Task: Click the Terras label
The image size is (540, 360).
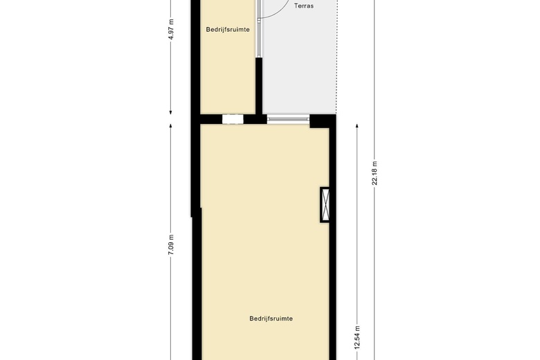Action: click(x=304, y=6)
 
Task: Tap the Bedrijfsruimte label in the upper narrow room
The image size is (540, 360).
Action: click(x=228, y=29)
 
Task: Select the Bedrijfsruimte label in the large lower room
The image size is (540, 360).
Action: click(x=271, y=318)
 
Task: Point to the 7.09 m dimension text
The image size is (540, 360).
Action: click(x=171, y=246)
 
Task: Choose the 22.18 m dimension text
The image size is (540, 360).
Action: click(x=375, y=172)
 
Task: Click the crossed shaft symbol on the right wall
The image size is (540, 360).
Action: click(x=325, y=204)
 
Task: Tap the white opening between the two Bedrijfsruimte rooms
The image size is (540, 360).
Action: click(x=233, y=119)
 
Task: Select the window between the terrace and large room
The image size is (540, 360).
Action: click(x=287, y=119)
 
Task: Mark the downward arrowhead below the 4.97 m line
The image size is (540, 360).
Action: click(x=171, y=112)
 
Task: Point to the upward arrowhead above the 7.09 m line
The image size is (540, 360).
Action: click(x=171, y=127)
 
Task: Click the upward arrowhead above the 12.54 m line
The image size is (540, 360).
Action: click(x=357, y=127)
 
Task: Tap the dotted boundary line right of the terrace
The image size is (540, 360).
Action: click(x=336, y=55)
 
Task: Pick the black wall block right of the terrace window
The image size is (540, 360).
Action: click(x=321, y=120)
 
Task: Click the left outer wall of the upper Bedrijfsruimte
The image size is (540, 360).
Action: click(x=196, y=55)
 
